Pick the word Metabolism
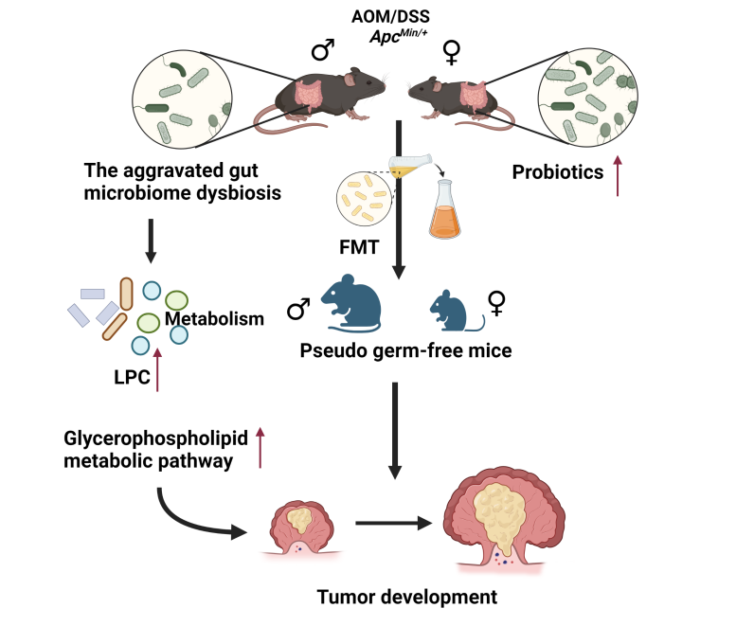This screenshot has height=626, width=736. point(214,319)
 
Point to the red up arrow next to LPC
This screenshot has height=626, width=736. point(157,367)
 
